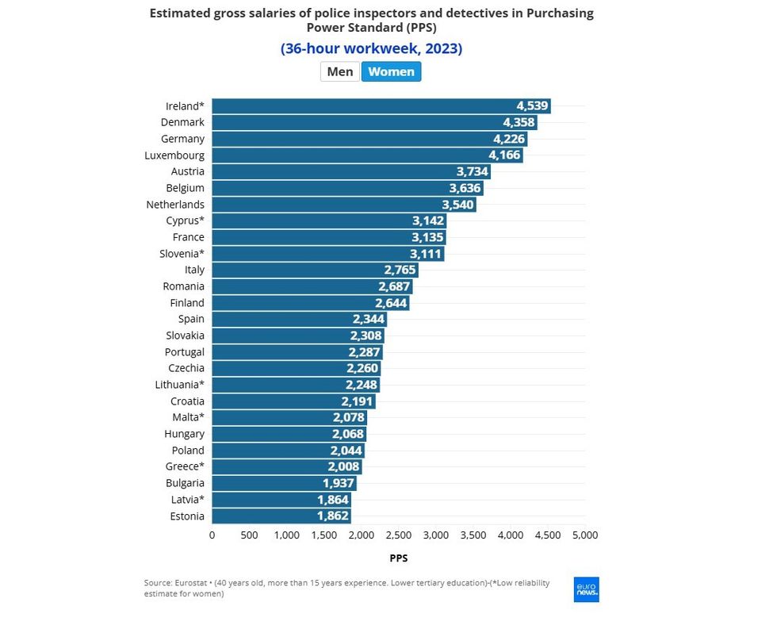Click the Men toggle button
coord(340,71)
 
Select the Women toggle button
coord(391,71)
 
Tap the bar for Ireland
coord(381,106)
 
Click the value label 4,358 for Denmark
coord(519,123)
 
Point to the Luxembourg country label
coord(174,155)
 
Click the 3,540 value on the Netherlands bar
coord(457,205)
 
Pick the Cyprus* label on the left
coord(185,221)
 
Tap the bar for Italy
coord(314,270)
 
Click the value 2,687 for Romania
coord(394,286)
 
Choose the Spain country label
coord(191,319)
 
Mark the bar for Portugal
coord(297,352)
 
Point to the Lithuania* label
coord(179,385)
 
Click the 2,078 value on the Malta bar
coord(348,417)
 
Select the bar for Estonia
coord(281,516)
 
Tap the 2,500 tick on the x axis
coord(398,535)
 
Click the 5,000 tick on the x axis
coord(584,535)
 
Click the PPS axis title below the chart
coord(399,558)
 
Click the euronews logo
coord(587,589)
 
